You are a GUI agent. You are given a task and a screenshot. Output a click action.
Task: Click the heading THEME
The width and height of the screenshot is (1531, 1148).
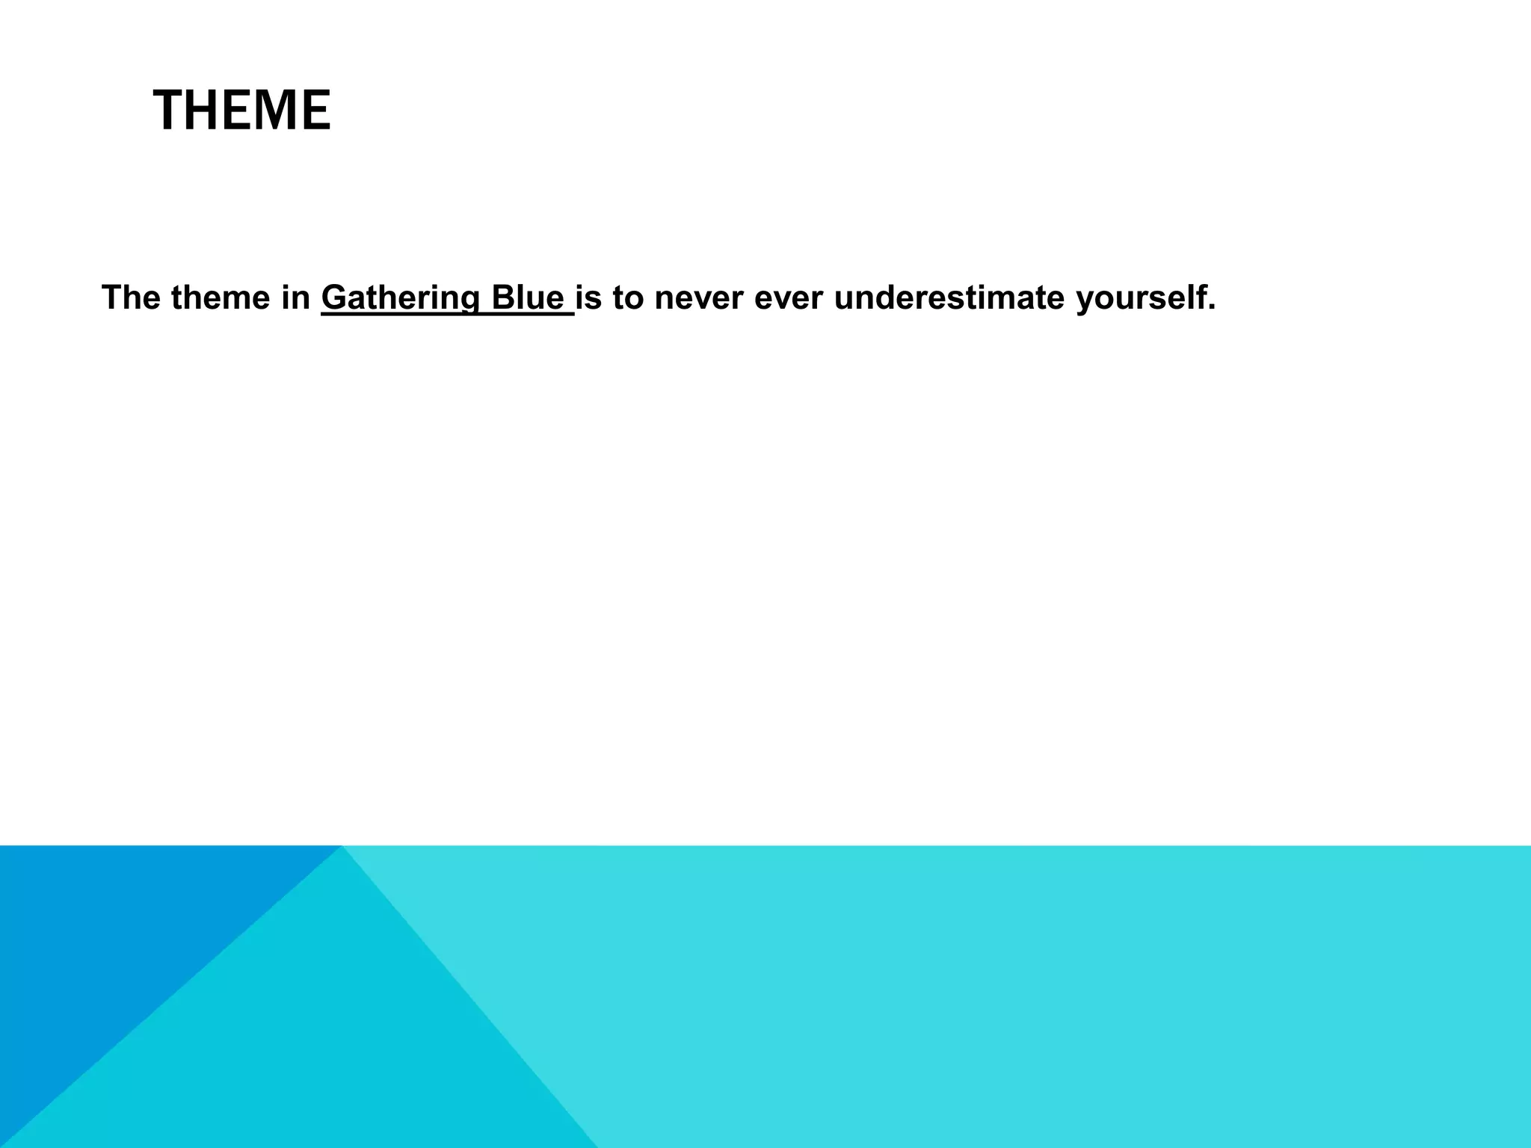click(241, 111)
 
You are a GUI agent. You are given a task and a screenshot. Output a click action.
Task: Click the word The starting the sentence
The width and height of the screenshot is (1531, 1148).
click(131, 297)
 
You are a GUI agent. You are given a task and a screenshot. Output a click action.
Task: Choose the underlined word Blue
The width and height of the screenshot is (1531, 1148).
click(527, 297)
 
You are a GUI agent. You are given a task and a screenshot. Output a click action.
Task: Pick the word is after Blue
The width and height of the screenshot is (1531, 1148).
click(588, 297)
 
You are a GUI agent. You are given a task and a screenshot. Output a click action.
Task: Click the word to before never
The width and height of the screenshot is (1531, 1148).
click(628, 297)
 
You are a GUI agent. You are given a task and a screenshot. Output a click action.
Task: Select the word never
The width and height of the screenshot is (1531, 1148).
click(699, 297)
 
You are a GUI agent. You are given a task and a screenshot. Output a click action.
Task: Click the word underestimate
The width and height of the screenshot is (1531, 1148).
click(949, 297)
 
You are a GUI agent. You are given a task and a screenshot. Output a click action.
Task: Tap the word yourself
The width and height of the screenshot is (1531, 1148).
click(1139, 299)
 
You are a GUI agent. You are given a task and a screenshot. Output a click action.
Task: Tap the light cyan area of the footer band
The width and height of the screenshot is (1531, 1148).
click(1047, 994)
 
